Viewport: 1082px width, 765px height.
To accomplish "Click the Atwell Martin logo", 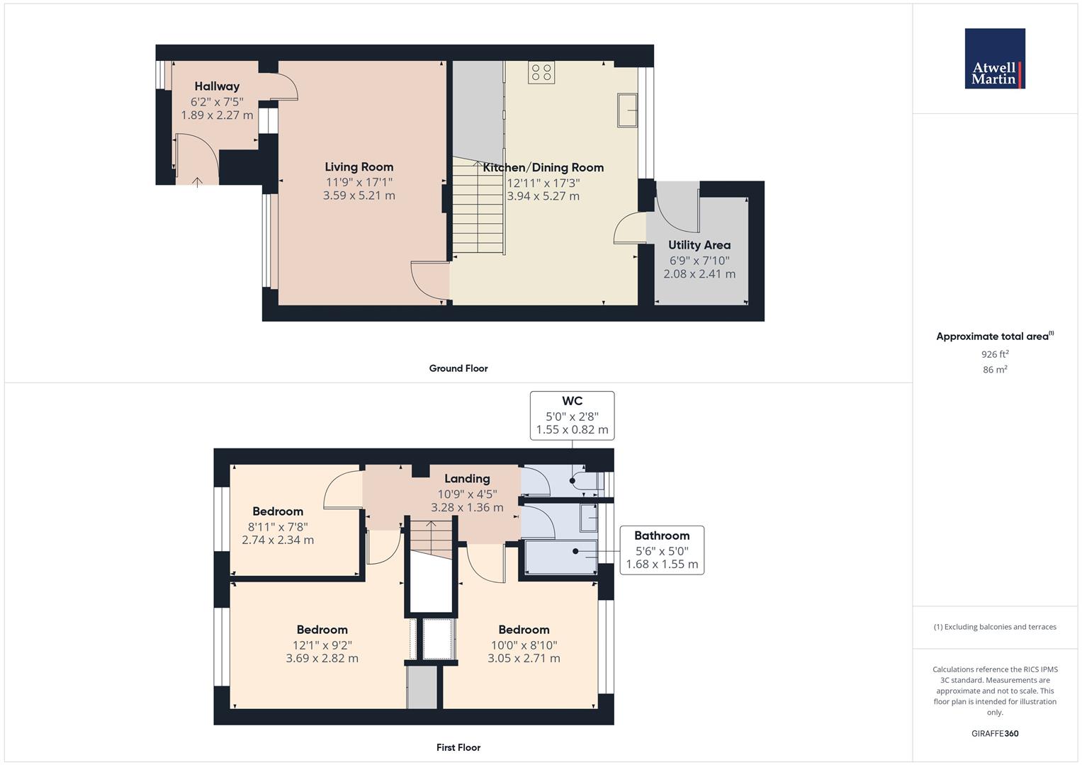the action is (995, 58).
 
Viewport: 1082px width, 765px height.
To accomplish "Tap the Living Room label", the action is (359, 167).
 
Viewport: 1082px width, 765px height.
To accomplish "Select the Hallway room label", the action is (217, 86).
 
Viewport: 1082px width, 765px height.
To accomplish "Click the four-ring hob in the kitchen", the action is (541, 72).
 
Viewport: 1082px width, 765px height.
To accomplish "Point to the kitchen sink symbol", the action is (627, 110).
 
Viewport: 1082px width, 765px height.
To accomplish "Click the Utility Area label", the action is (699, 245).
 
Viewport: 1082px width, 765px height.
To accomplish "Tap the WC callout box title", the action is (572, 401).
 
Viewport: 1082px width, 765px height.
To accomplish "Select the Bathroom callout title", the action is (662, 535).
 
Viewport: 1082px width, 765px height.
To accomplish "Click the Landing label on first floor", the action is (467, 479).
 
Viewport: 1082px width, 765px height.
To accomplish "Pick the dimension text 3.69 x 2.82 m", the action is (322, 658).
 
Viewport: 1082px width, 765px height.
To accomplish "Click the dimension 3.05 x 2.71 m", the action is (524, 658).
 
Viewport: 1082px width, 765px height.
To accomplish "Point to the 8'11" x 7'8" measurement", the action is (278, 527).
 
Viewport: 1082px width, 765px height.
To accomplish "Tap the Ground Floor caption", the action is (458, 368).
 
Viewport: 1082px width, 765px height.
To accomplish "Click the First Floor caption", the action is (458, 747).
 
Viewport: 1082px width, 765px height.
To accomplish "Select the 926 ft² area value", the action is (995, 354).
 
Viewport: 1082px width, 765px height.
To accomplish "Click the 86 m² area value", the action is (995, 370).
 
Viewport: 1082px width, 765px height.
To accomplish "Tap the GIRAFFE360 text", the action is (995, 734).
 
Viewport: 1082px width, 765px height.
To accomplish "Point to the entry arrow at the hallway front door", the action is (197, 182).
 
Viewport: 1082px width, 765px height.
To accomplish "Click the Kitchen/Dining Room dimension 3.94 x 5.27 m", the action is (543, 196).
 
